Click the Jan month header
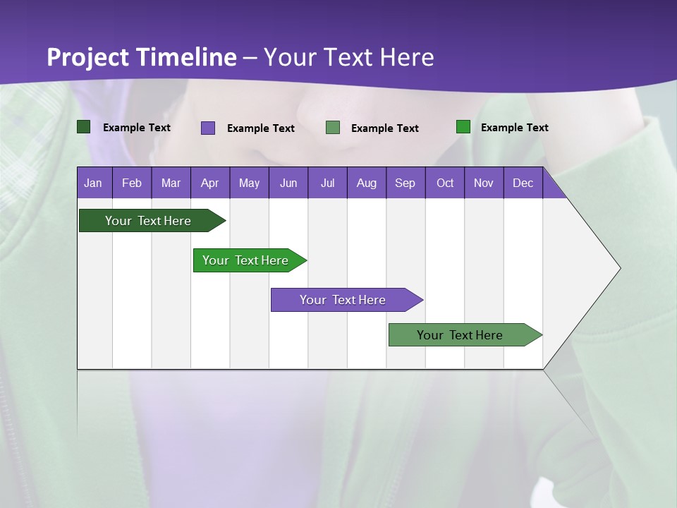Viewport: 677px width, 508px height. [94, 183]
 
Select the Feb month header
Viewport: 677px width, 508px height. [132, 183]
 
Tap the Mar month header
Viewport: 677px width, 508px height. [171, 183]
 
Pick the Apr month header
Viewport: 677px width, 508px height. [210, 183]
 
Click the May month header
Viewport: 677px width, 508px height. [249, 183]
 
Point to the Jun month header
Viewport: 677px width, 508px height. [288, 183]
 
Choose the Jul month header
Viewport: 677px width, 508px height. [327, 183]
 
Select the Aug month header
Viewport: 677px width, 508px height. [367, 183]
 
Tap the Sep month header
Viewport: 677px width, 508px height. [405, 183]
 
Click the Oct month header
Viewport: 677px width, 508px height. [445, 183]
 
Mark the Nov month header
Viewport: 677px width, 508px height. [484, 183]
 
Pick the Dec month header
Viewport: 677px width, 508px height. [523, 183]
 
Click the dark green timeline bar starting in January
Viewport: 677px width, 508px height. [149, 221]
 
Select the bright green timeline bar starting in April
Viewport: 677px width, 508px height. [246, 260]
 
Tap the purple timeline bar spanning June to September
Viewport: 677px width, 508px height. [343, 300]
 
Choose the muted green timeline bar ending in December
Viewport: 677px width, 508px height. [461, 335]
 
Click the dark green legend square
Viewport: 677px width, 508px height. [84, 127]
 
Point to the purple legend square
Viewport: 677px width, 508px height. [208, 128]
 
